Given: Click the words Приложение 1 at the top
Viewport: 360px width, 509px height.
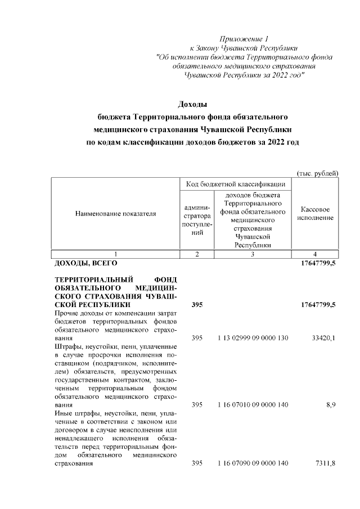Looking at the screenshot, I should (244, 39).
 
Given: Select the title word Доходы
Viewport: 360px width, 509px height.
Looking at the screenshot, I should (192, 105).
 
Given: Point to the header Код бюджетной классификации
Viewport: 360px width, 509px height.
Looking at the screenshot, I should (235, 184).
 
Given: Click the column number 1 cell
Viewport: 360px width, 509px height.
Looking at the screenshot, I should (115, 254).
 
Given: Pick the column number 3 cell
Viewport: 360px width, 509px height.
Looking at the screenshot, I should (253, 254).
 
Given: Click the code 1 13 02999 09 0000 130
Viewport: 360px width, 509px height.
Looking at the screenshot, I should (253, 339).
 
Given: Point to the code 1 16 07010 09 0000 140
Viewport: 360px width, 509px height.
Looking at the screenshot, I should (253, 404).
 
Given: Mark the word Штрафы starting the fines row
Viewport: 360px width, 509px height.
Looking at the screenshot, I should (68, 347).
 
